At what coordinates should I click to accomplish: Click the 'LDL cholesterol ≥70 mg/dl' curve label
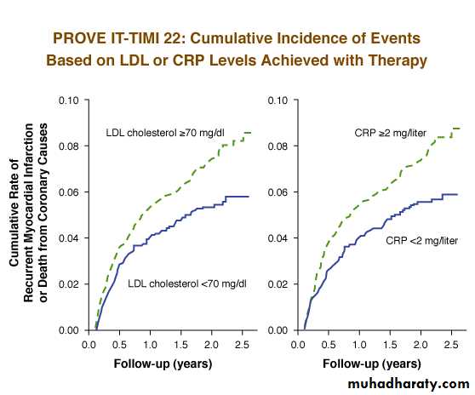(x=165, y=133)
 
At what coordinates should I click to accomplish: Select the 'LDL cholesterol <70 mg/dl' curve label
(x=187, y=283)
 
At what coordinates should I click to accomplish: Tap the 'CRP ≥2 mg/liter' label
(x=390, y=133)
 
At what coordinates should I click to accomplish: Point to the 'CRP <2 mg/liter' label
(x=421, y=241)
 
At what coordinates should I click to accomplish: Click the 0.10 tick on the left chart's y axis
(x=68, y=100)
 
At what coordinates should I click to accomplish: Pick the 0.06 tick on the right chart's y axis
(x=278, y=192)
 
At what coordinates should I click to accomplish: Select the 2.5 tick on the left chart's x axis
(x=242, y=345)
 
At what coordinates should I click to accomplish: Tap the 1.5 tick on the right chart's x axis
(x=390, y=345)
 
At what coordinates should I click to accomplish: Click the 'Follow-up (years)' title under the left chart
(x=163, y=364)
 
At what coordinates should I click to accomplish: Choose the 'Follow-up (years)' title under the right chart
(x=372, y=364)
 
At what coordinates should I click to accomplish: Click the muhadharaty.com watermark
(x=409, y=384)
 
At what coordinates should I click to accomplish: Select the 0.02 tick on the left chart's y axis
(x=68, y=284)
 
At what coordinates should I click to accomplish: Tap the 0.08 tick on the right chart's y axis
(x=278, y=146)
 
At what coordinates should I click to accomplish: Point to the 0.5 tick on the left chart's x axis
(x=119, y=345)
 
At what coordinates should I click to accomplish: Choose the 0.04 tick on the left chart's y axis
(x=68, y=238)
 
